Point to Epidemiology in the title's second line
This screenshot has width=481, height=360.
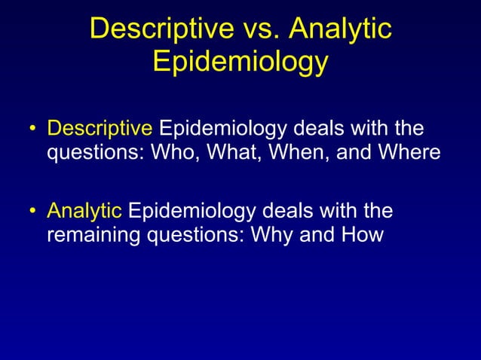coord(240,62)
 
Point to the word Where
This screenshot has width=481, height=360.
coord(404,153)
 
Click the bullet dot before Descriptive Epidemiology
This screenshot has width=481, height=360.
coord(32,129)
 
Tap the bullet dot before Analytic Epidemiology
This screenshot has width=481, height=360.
coord(32,210)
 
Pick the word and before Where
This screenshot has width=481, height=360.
coord(342,153)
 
